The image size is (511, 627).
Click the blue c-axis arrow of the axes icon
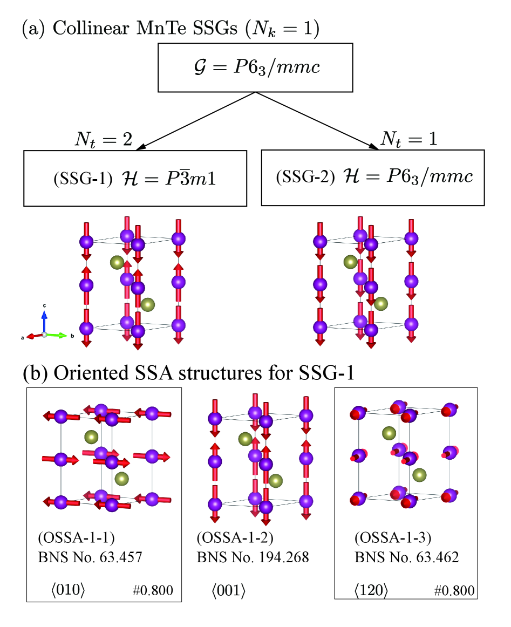coord(44,318)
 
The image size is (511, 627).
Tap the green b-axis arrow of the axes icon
coord(59,335)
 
